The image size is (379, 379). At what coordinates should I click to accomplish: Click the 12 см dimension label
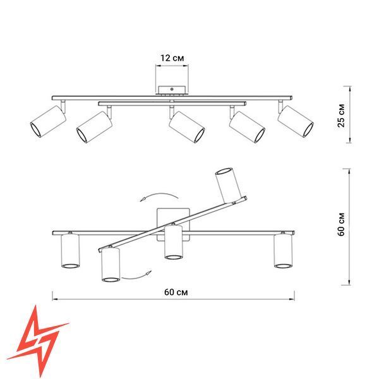(172, 58)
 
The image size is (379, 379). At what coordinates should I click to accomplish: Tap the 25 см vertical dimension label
(341, 116)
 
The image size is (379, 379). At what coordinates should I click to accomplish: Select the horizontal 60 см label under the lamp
(176, 292)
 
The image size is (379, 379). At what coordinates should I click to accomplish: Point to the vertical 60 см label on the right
(341, 224)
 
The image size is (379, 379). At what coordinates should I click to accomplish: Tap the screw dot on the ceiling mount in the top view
(172, 89)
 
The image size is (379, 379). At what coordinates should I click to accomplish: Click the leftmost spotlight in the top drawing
(48, 121)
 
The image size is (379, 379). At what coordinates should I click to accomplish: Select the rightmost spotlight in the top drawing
(296, 121)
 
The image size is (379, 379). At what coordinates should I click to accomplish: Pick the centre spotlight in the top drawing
(187, 127)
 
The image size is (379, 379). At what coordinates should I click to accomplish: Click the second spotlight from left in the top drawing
(94, 127)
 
